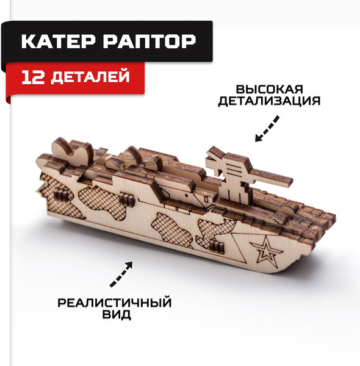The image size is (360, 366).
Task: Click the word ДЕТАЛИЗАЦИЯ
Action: tap(268, 101)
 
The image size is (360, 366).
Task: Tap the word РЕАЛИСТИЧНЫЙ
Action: tap(113, 303)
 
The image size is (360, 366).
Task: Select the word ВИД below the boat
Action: tap(113, 317)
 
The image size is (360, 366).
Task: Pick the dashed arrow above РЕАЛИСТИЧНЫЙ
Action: tap(121, 274)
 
